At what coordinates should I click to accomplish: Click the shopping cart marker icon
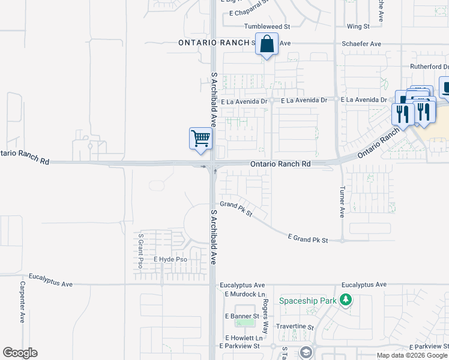200,138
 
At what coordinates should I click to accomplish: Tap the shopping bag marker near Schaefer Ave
267,44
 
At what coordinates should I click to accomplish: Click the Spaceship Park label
307,300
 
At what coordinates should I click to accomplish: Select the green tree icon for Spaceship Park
345,300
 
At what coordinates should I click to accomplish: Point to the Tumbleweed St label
267,27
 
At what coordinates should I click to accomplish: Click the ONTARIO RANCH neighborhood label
214,43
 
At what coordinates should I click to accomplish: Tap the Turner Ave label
342,201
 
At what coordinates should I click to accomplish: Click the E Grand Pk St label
308,239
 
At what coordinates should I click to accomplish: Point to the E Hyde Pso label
170,260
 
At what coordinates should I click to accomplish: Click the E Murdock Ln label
244,294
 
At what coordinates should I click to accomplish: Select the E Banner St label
241,316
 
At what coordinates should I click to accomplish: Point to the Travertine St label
295,327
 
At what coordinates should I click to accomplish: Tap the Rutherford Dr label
429,67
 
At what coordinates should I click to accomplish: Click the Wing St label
358,27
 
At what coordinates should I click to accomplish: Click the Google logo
20,353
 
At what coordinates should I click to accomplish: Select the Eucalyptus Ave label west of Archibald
53,284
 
